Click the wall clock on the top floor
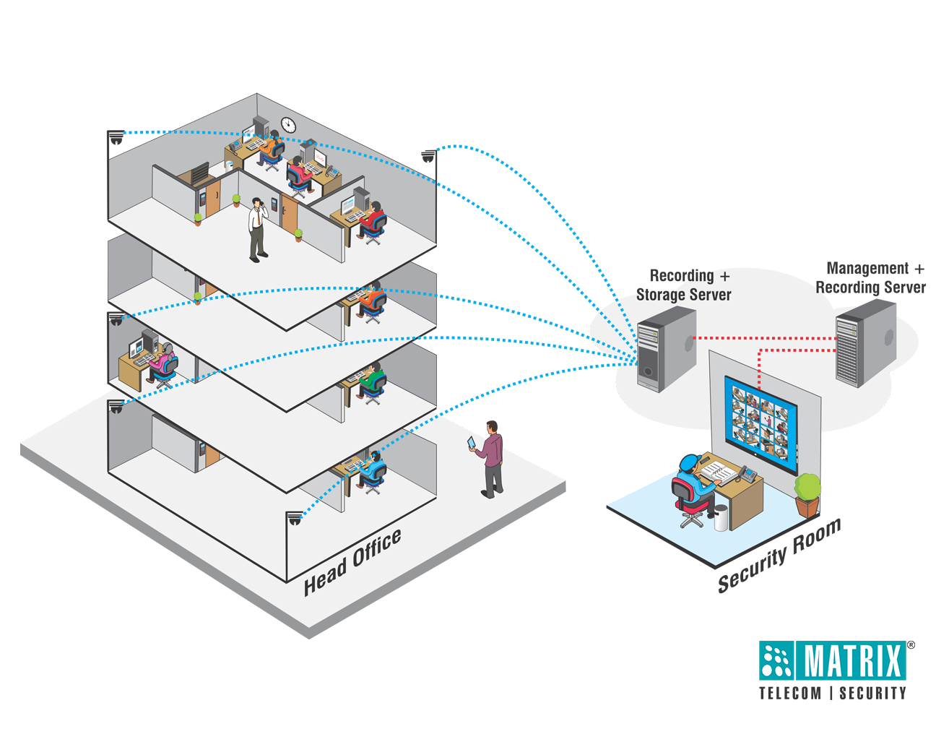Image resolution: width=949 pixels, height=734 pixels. tap(287, 124)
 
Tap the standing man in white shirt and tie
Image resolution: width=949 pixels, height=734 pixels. tap(257, 230)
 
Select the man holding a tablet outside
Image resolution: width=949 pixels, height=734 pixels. tap(489, 459)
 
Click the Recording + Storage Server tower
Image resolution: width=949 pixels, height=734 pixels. tap(665, 348)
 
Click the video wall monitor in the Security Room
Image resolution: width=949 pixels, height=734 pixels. tap(760, 424)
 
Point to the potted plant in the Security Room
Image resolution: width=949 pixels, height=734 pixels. tap(807, 495)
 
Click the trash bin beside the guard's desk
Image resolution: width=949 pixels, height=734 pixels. tap(721, 518)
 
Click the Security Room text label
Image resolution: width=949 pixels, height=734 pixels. tap(779, 556)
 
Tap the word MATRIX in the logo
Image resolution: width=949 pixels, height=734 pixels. tap(852, 660)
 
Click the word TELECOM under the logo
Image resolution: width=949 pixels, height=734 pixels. tap(790, 693)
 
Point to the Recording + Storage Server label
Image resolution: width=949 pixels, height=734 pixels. tap(683, 285)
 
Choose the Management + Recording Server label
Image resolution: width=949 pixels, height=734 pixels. tap(870, 277)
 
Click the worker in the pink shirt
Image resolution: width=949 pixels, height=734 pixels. tap(162, 363)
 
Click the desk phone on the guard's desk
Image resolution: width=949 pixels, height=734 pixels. tap(747, 474)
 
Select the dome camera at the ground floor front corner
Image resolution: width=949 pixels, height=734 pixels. tap(295, 518)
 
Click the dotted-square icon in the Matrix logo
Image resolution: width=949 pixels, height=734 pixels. tap(776, 660)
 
